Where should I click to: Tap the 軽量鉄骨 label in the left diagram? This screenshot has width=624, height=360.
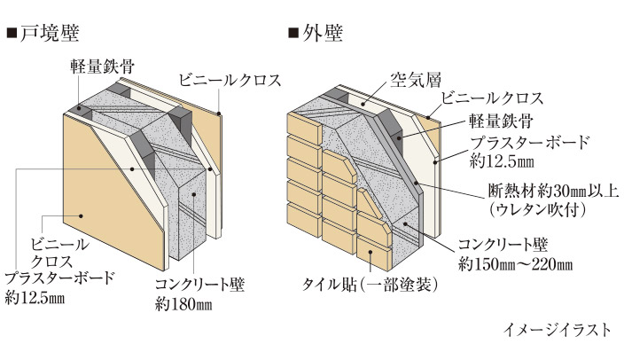98,67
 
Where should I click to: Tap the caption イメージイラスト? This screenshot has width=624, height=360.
556,330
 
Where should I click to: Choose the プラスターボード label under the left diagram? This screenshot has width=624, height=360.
58,278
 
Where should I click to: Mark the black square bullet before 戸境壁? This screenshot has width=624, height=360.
12,35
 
